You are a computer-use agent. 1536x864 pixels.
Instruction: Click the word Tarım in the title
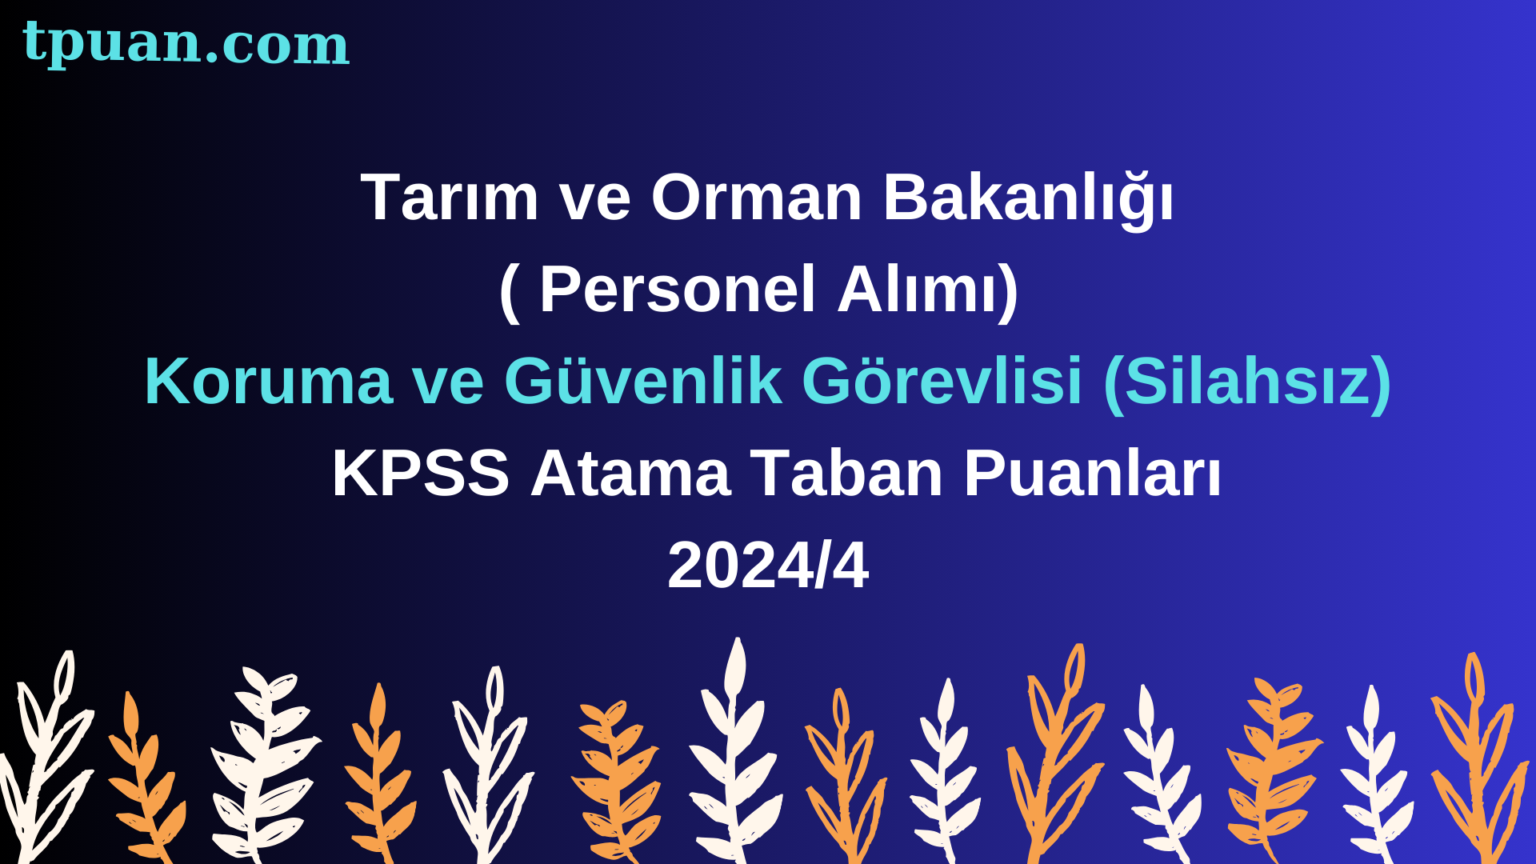[x=450, y=197]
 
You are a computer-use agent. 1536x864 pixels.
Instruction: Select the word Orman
[x=756, y=197]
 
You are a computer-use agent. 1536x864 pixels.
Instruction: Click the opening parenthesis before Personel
[x=510, y=292]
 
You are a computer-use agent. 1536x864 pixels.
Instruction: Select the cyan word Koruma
[x=268, y=382]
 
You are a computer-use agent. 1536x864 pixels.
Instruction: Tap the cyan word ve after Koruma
[x=448, y=387]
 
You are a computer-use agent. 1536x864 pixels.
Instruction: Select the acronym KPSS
[x=421, y=474]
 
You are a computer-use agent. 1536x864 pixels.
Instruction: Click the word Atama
[x=630, y=474]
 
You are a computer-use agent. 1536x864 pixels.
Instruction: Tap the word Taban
[x=847, y=474]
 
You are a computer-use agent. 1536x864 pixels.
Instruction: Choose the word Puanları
[x=1093, y=474]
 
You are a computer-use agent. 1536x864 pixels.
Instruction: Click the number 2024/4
[x=768, y=566]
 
